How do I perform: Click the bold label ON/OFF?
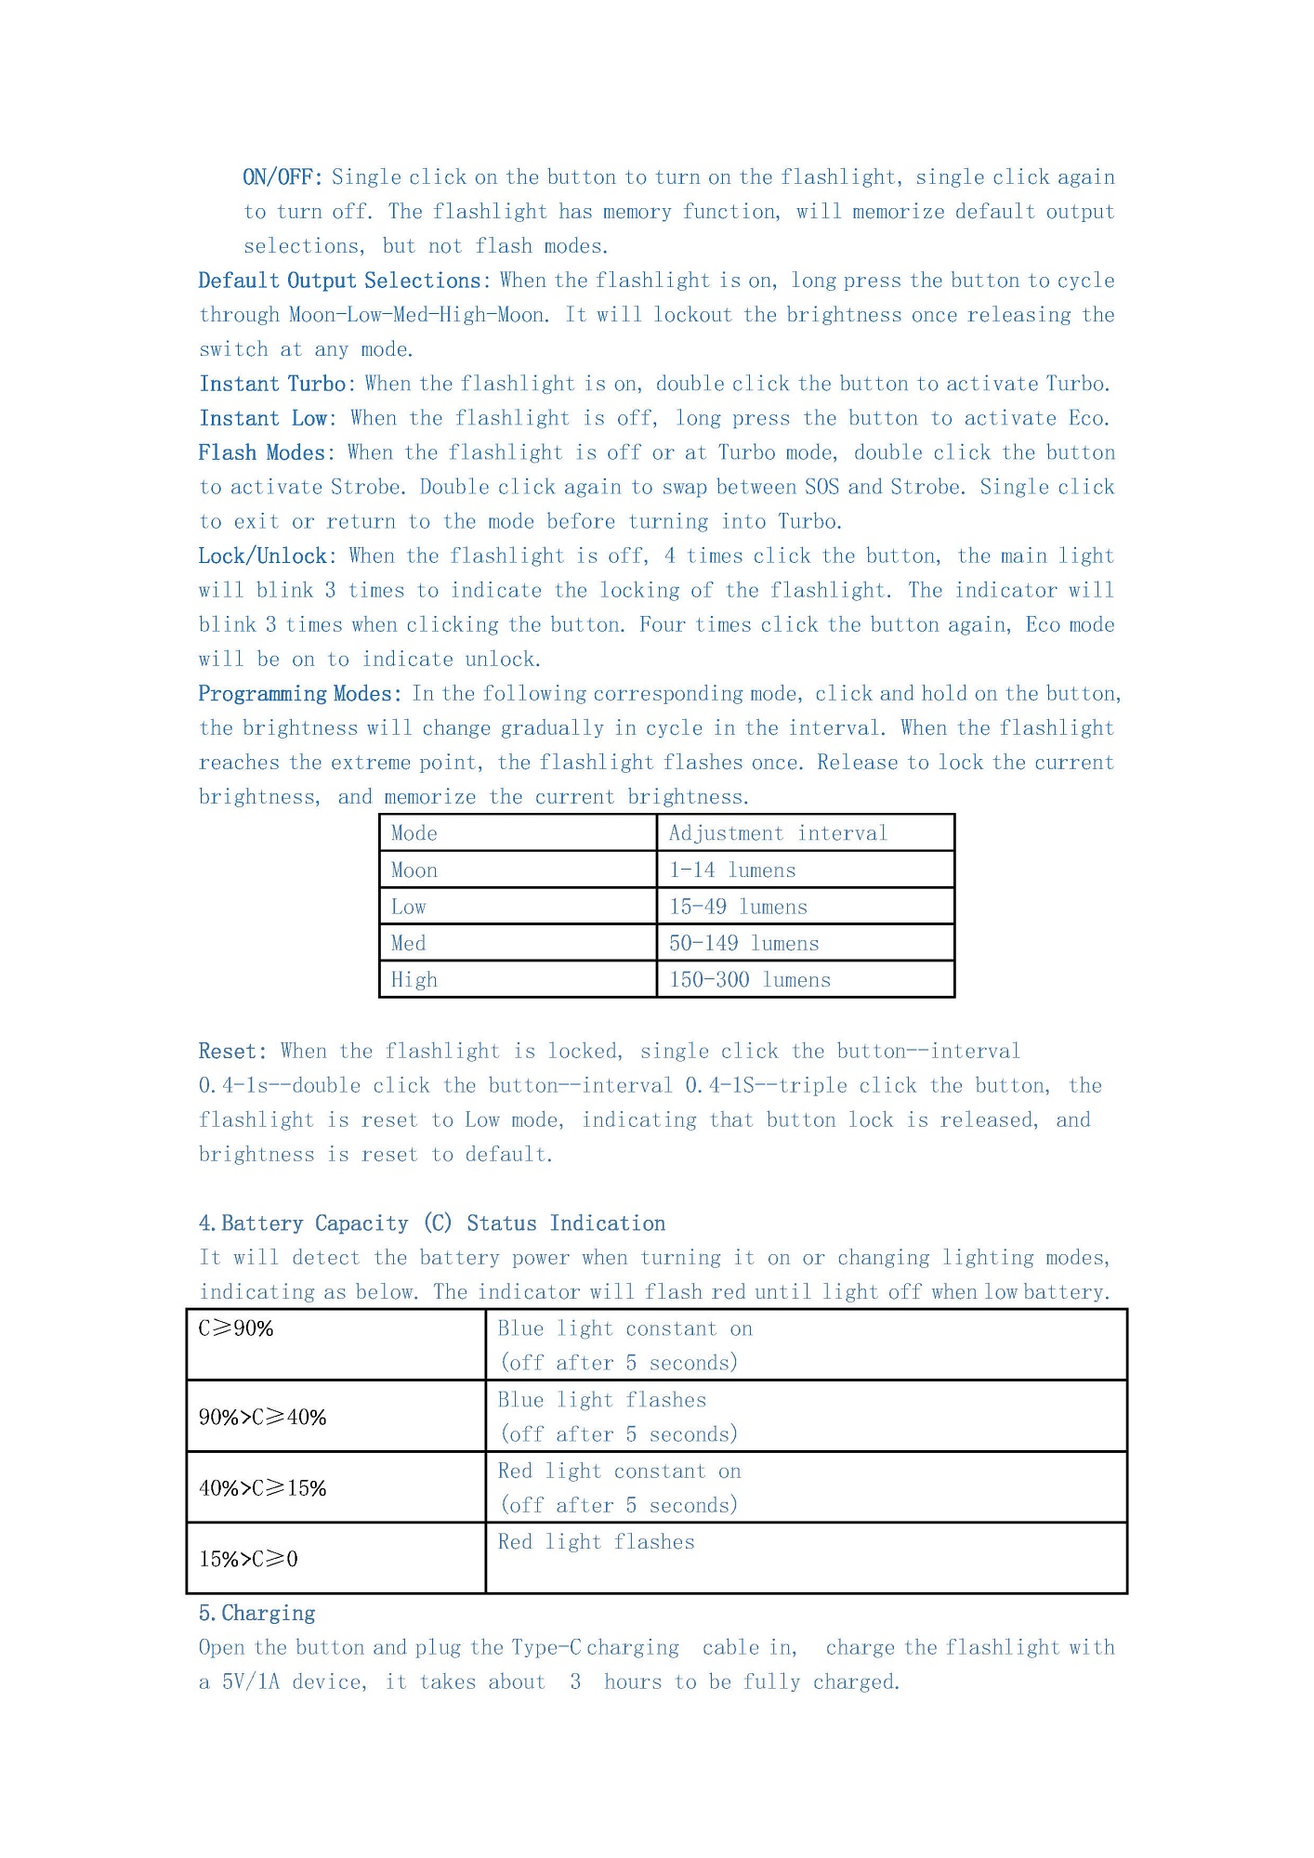[283, 177]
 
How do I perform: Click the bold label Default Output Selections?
[344, 281]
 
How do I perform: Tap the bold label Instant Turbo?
[277, 384]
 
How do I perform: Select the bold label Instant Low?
[268, 418]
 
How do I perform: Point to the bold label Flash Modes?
[267, 452]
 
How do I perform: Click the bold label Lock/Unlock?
[268, 556]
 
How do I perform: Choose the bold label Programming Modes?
[300, 694]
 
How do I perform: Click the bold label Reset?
[232, 1051]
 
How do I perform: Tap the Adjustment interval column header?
[778, 833]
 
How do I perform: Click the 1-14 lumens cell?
[732, 870]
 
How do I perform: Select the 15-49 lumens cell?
[738, 907]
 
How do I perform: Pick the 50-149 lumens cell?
[743, 943]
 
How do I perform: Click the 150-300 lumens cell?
[749, 979]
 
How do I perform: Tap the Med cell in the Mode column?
[409, 943]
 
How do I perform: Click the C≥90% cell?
[236, 1328]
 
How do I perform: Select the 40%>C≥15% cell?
[262, 1487]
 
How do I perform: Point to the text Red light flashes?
[596, 1542]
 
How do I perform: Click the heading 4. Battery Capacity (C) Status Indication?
[432, 1223]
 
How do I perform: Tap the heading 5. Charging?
[257, 1613]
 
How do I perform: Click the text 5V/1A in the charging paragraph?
[250, 1681]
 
